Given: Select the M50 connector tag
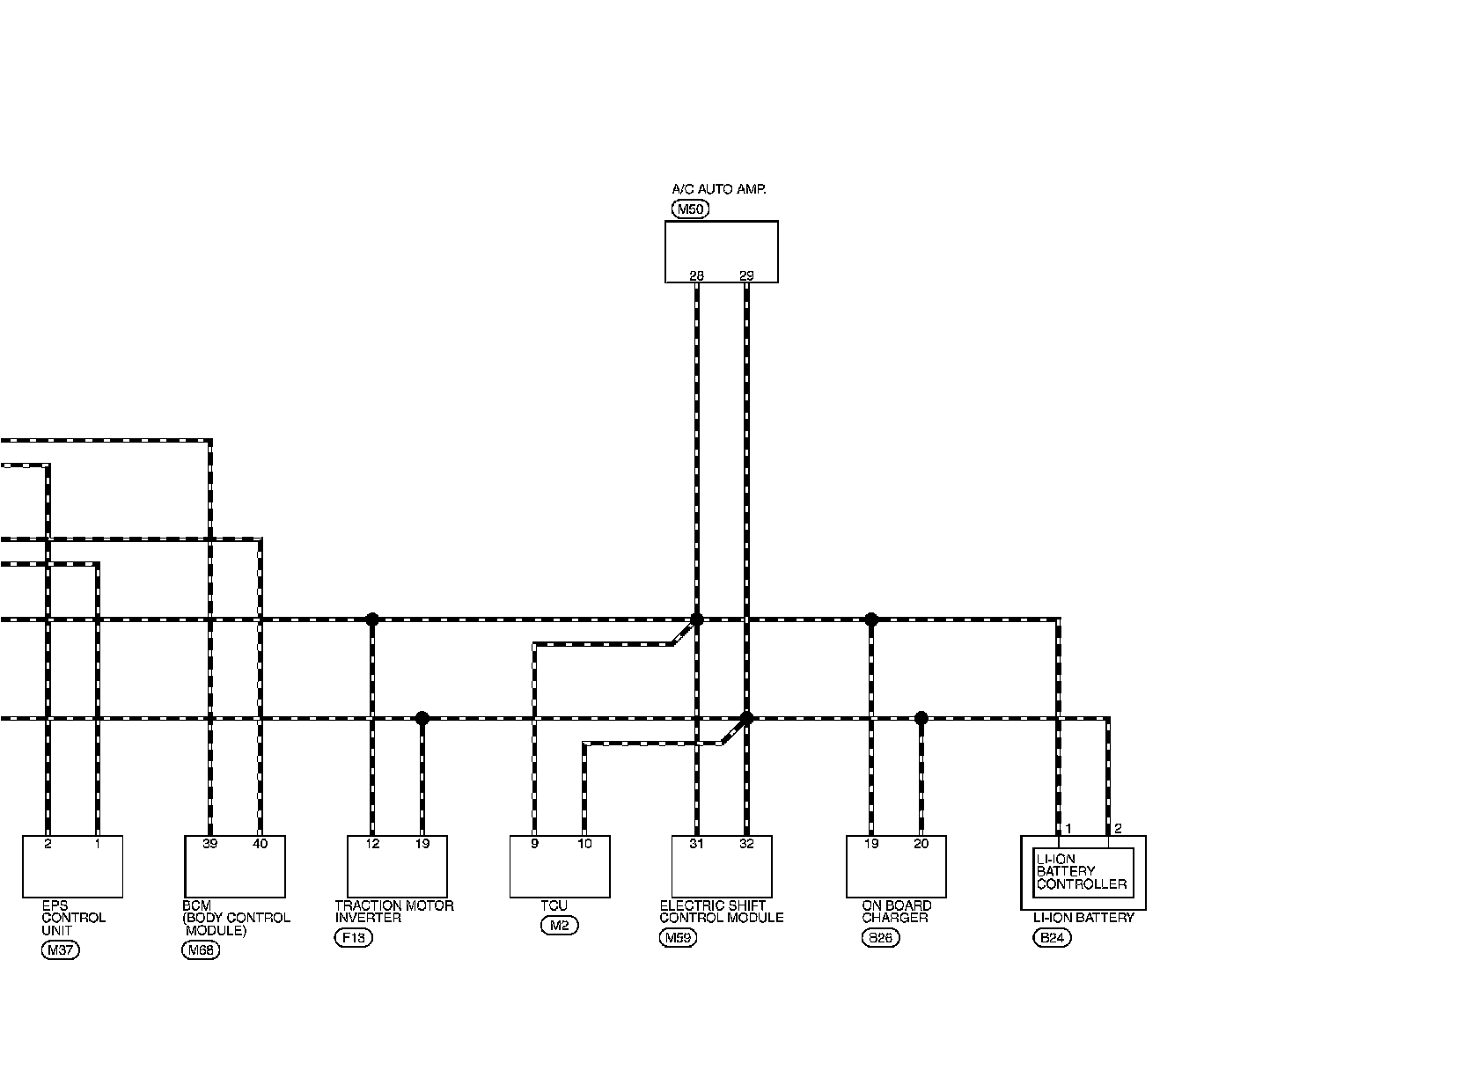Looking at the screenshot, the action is point(690,209).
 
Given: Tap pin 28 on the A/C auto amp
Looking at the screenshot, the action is point(696,275).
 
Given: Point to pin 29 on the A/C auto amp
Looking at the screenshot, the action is point(746,275).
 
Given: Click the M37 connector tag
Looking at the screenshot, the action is point(60,950).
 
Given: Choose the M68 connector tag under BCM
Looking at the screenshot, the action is point(200,950).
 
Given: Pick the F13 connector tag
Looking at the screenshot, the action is point(354,938).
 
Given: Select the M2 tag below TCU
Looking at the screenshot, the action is point(560,926).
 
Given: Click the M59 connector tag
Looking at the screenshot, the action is point(678,938).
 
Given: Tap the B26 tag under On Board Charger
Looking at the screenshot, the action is point(880,938).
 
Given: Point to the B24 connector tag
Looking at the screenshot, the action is point(1052,938).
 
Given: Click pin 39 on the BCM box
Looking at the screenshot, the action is point(209,844).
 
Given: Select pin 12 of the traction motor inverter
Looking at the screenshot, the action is point(372,844).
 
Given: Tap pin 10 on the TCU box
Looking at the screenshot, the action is point(584,844).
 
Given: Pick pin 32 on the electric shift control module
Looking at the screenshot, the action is point(746,844).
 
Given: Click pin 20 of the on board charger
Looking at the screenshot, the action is point(921,844).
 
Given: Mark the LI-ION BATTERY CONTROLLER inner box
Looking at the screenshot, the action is point(1083,872).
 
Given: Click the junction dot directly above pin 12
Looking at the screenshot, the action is point(372,619).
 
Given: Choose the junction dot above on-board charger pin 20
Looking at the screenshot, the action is point(921,718).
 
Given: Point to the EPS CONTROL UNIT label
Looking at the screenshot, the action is point(74,918).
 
